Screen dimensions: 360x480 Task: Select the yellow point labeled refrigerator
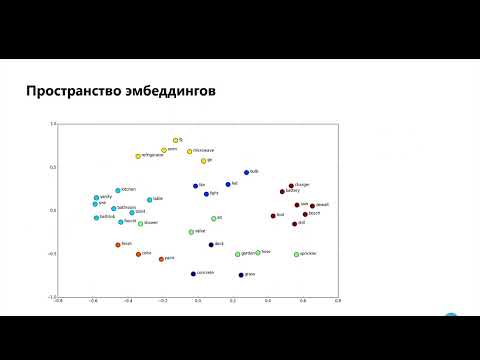pos(138,156)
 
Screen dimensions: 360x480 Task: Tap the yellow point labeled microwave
pos(189,152)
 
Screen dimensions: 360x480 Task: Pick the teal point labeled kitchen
pos(117,190)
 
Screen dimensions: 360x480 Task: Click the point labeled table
pos(149,200)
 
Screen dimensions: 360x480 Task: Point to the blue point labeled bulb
pos(246,173)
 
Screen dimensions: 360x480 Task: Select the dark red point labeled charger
pos(291,186)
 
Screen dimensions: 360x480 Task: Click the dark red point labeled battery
pos(283,192)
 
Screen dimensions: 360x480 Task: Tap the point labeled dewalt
pos(309,206)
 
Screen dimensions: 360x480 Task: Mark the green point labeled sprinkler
pos(296,254)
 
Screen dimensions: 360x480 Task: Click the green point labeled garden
pos(237,254)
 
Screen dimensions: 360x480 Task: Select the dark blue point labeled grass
pos(241,274)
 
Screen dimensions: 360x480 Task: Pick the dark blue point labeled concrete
pos(193,273)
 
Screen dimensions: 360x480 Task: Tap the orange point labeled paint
pos(160,259)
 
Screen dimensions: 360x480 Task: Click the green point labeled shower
pos(140,224)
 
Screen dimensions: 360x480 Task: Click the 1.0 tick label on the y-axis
pos(53,124)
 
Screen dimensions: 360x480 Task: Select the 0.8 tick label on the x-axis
pos(337,301)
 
